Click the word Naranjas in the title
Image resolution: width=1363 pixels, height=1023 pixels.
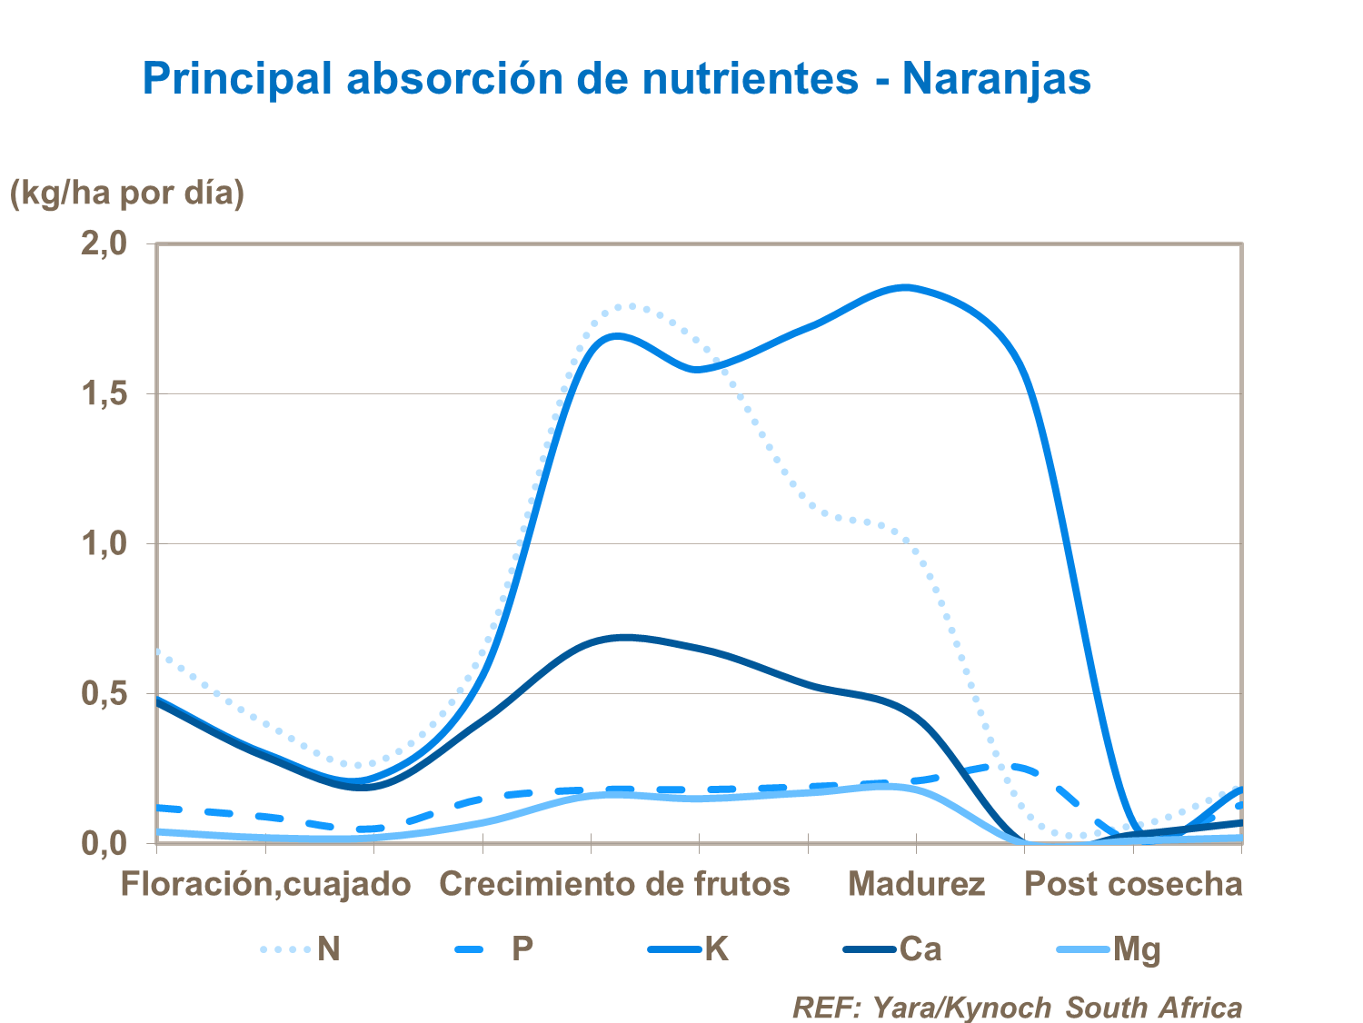(x=996, y=78)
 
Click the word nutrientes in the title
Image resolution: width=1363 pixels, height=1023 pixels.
(x=750, y=78)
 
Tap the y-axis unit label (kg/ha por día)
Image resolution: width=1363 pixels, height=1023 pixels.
(x=127, y=193)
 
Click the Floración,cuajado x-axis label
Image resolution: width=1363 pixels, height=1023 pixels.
(x=265, y=884)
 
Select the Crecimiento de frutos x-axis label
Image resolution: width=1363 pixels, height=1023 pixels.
(x=614, y=884)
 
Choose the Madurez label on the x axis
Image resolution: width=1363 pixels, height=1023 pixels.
(x=916, y=884)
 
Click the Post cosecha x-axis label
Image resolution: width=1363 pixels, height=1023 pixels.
(x=1133, y=884)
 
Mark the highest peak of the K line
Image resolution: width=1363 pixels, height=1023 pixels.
(x=905, y=287)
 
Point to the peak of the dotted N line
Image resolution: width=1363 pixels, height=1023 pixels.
(x=629, y=305)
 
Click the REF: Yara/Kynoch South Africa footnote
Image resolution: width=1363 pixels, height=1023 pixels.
(x=1017, y=1007)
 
